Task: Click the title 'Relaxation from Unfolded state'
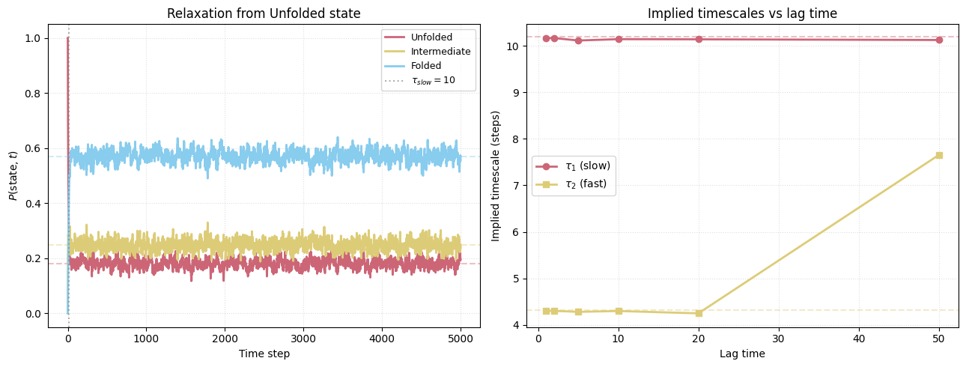pyautogui.click(x=264, y=13)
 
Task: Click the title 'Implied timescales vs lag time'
pyautogui.click(x=742, y=13)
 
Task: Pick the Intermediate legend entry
pyautogui.click(x=440, y=52)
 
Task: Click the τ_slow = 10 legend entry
pyautogui.click(x=433, y=81)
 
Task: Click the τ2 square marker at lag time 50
pyautogui.click(x=939, y=155)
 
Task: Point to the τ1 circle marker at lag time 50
pyautogui.click(x=939, y=40)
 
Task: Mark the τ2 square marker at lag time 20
pyautogui.click(x=699, y=313)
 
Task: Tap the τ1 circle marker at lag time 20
pyautogui.click(x=699, y=39)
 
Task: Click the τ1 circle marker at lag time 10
pyautogui.click(x=619, y=39)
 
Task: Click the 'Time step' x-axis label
pyautogui.click(x=264, y=354)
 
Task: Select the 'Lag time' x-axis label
pyautogui.click(x=742, y=354)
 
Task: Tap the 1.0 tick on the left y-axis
pyautogui.click(x=34, y=38)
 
